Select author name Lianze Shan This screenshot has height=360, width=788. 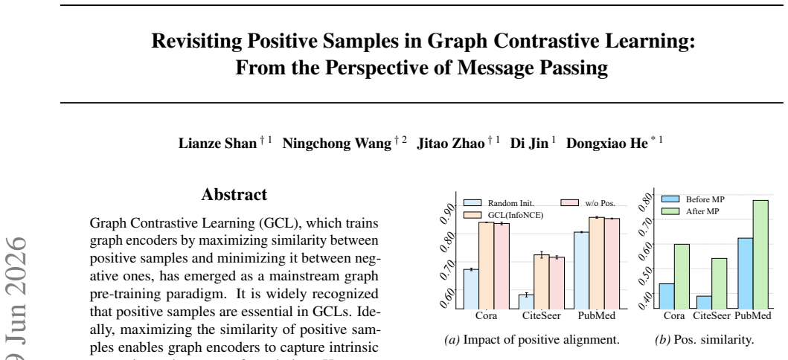(x=217, y=144)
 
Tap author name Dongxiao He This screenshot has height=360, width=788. (x=607, y=144)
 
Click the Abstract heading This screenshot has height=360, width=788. (x=234, y=195)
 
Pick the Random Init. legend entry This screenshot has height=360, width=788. (x=498, y=203)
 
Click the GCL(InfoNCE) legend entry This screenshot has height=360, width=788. (x=503, y=215)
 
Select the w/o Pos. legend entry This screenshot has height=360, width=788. (x=588, y=203)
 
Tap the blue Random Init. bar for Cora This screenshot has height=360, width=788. (x=471, y=289)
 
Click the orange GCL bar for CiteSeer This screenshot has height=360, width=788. (x=541, y=282)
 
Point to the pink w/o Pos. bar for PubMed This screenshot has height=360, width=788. (x=612, y=263)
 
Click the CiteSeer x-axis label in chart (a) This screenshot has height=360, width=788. (x=542, y=316)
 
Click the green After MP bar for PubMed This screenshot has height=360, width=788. (x=760, y=254)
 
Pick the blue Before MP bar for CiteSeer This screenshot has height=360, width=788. (x=704, y=302)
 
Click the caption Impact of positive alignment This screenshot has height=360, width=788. (x=532, y=340)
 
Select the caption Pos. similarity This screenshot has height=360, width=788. (x=705, y=340)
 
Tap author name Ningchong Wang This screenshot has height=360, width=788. (x=337, y=144)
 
